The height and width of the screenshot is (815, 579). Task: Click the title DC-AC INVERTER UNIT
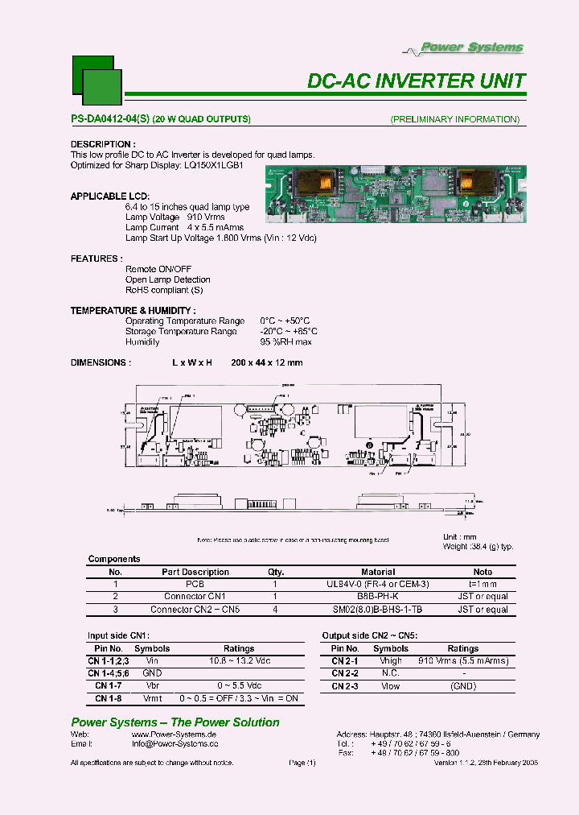(x=417, y=81)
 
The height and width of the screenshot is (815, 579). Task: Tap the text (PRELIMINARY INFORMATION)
(x=454, y=119)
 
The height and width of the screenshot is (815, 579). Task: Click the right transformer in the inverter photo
(x=475, y=180)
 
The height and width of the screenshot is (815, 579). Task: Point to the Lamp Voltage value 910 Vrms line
(x=175, y=217)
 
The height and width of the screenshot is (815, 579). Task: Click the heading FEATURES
(x=96, y=259)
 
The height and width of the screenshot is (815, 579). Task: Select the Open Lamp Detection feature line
(x=168, y=279)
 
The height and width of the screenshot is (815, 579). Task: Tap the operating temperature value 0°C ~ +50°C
(x=285, y=321)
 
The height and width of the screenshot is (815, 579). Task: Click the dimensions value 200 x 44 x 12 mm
(x=266, y=363)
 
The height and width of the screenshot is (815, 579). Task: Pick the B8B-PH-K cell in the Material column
(x=378, y=597)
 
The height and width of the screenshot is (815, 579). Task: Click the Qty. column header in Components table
(x=275, y=572)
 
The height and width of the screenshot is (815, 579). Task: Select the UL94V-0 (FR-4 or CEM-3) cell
(x=378, y=584)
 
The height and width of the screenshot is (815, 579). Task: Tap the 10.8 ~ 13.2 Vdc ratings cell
(x=239, y=660)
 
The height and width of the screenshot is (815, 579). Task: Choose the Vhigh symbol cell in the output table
(x=391, y=660)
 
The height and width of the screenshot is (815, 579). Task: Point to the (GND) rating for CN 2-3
(x=462, y=686)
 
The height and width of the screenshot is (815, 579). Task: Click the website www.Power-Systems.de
(x=174, y=734)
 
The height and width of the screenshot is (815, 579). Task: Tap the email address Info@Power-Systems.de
(x=175, y=744)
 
